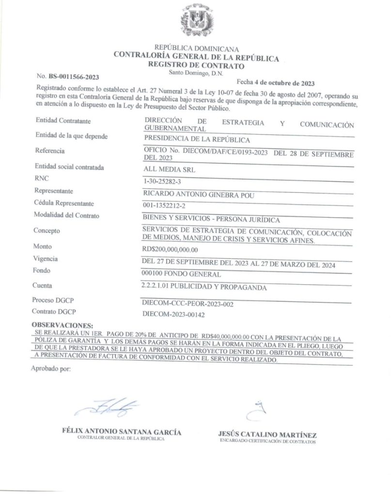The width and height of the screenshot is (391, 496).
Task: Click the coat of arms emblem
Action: pos(197,22)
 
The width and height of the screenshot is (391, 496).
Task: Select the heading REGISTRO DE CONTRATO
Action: pos(196,66)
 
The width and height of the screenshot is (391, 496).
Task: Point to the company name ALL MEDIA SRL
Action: pos(170,169)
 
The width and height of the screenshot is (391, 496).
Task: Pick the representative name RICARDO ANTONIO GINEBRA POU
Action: pos(199,195)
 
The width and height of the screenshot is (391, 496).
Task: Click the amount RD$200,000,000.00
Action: pos(170,249)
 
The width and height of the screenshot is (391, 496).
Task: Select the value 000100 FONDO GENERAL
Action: pos(179,274)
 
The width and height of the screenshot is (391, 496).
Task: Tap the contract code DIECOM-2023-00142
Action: pos(174,314)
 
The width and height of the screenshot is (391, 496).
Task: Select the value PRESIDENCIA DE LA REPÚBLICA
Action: pos(197,140)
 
